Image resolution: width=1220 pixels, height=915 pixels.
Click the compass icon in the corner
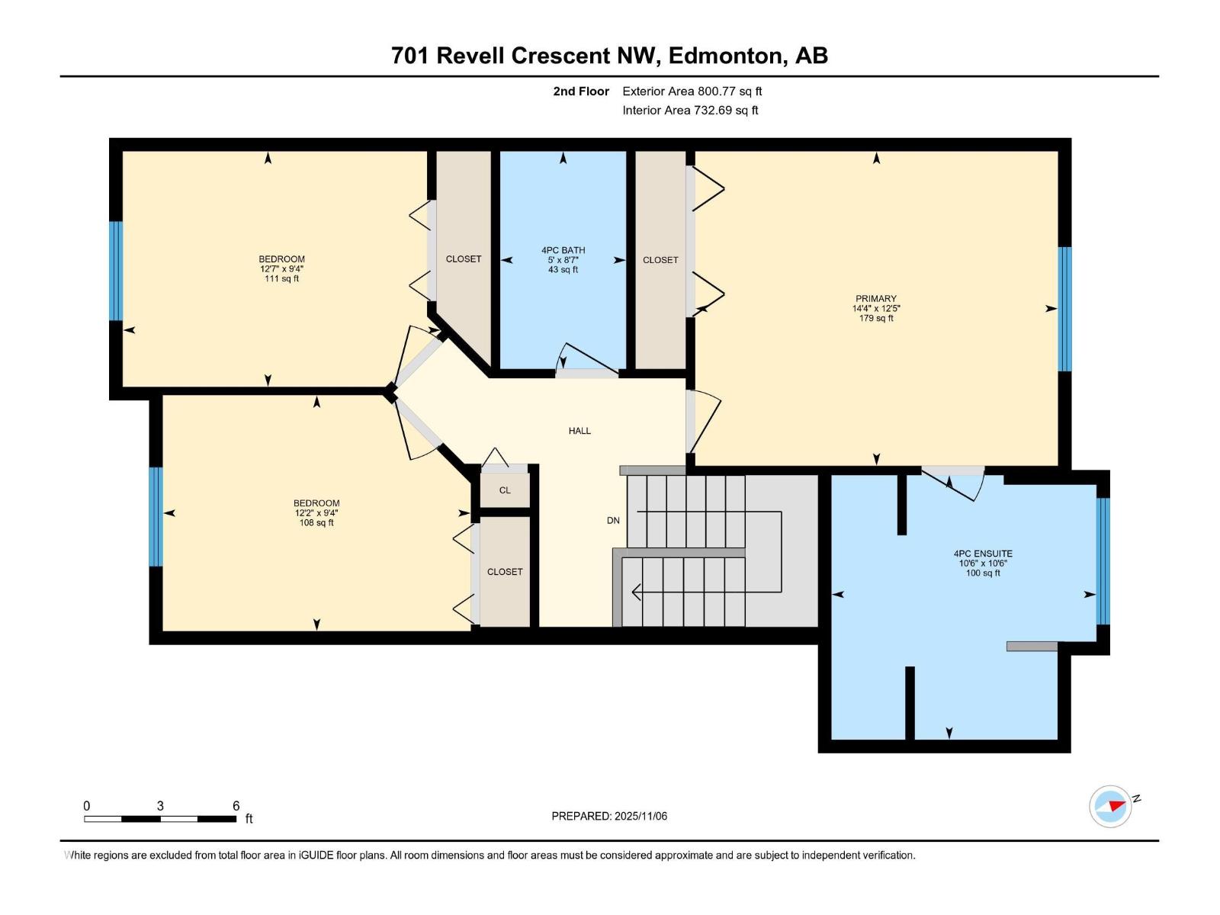(x=1111, y=807)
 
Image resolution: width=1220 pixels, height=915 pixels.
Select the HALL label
(x=579, y=431)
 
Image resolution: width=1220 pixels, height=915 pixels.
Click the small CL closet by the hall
(x=505, y=490)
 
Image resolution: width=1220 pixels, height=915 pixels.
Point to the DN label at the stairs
(x=613, y=521)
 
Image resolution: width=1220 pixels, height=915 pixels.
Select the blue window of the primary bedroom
(x=1064, y=309)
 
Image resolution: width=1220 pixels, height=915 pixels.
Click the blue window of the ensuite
(x=1103, y=560)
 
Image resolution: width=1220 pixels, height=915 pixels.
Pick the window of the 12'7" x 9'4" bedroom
(x=116, y=271)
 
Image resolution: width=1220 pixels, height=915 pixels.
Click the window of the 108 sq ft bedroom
(x=156, y=516)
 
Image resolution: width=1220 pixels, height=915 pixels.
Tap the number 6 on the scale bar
(x=236, y=806)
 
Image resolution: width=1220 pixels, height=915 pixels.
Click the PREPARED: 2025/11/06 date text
(x=609, y=816)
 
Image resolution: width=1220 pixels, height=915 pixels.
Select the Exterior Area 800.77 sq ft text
(x=692, y=91)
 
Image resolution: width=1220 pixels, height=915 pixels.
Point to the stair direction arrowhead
(x=636, y=591)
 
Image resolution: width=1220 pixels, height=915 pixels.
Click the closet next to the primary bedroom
(x=660, y=260)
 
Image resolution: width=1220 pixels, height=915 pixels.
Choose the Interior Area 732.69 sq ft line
(x=690, y=111)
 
